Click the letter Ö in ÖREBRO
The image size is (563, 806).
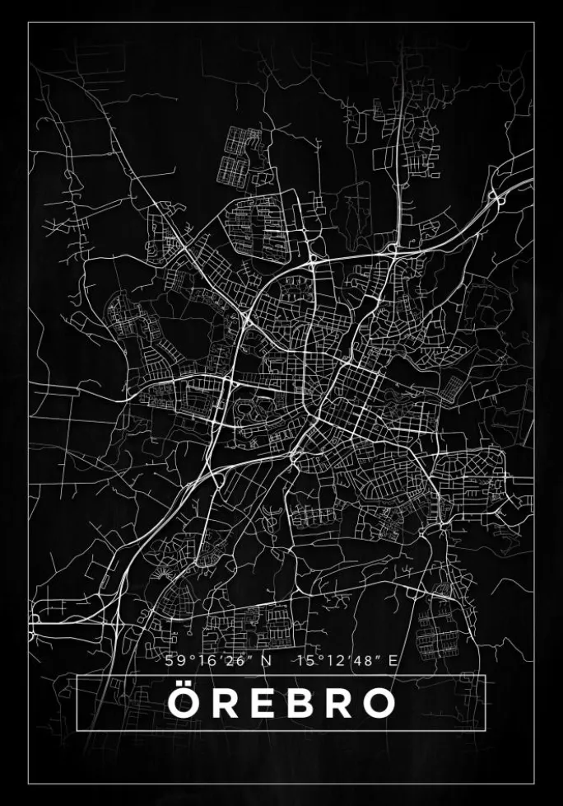(x=184, y=703)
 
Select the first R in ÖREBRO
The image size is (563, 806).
(x=222, y=703)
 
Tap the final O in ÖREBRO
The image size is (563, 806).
(x=377, y=703)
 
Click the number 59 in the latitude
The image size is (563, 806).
(x=172, y=660)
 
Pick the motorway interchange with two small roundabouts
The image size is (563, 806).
(x=496, y=196)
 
